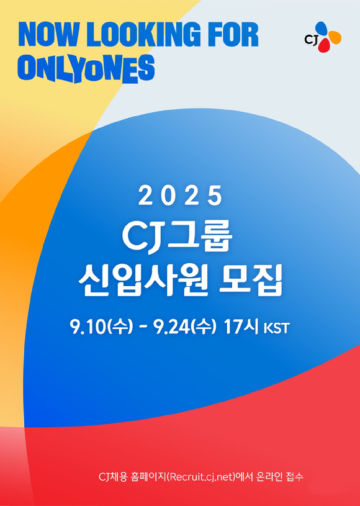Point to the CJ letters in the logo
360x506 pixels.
click(312, 40)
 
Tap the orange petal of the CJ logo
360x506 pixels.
click(334, 37)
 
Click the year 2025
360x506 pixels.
click(180, 196)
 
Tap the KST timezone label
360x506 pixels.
click(276, 328)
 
